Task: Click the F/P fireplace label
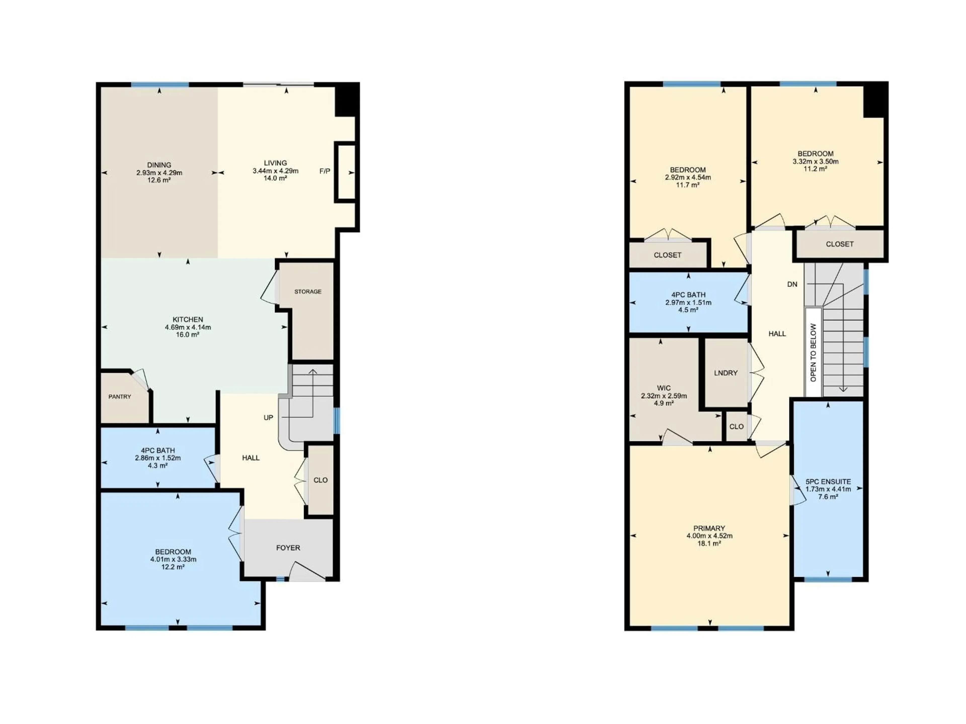[325, 171]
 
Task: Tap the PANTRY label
[120, 397]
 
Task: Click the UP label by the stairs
[268, 418]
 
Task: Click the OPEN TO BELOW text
[813, 353]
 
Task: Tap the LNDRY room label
[726, 373]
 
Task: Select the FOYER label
[288, 548]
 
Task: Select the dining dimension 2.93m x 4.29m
[159, 173]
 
